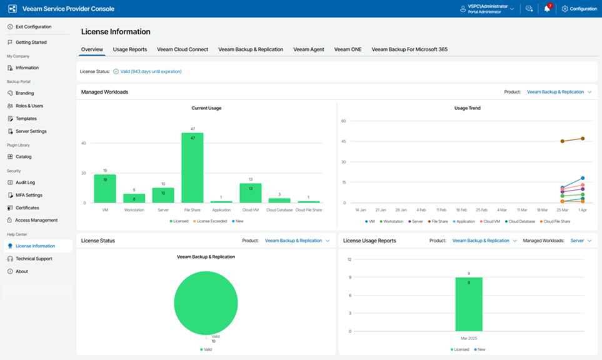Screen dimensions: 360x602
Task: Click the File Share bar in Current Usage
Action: (x=193, y=167)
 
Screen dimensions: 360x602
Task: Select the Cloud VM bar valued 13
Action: (x=250, y=193)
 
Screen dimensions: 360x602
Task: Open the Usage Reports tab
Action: (x=130, y=49)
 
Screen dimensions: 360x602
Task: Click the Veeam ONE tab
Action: (x=348, y=49)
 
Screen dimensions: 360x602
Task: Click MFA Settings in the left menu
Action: (x=29, y=195)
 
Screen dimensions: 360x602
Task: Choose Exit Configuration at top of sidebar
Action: (x=33, y=27)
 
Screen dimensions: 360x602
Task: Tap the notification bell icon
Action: (x=547, y=9)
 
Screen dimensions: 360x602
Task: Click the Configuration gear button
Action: (x=579, y=9)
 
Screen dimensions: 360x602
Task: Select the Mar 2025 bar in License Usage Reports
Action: (x=468, y=304)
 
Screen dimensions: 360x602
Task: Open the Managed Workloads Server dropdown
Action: (x=581, y=241)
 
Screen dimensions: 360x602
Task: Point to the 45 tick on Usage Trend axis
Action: (x=343, y=141)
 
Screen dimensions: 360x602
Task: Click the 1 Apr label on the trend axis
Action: (x=583, y=210)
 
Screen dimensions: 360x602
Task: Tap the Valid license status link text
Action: (x=151, y=72)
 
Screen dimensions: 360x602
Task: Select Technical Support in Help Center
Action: (x=34, y=259)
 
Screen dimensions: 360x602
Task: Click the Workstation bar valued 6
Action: (x=134, y=198)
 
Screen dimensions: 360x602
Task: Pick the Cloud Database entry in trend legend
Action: (x=520, y=221)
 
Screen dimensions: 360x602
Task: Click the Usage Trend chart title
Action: (x=467, y=108)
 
